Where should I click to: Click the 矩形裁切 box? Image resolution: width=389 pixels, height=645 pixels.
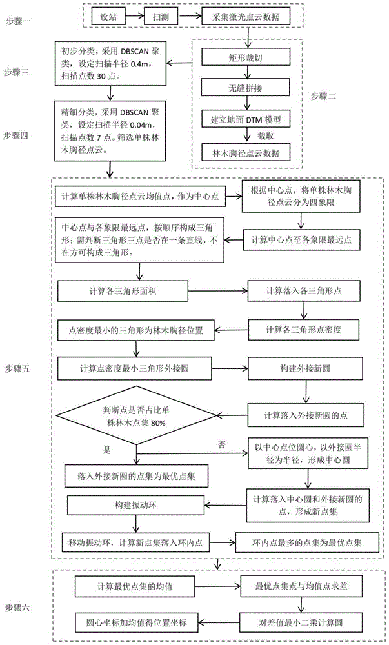pos(246,57)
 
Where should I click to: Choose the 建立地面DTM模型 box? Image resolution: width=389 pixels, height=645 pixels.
pos(246,119)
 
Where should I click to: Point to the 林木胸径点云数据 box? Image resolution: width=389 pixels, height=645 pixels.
pos(246,153)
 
